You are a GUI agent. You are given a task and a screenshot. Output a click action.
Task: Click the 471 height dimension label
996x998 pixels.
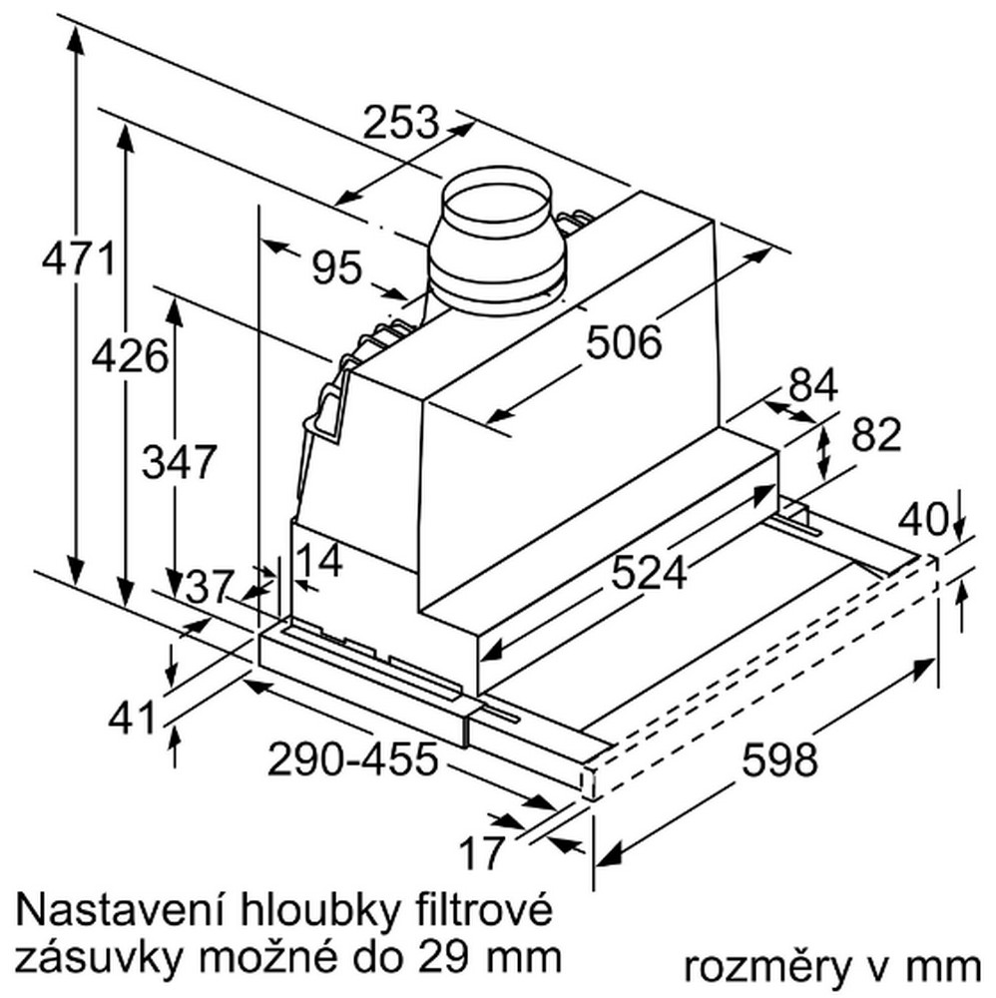[x=78, y=258]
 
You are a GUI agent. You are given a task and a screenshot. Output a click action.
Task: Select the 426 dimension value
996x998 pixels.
[x=130, y=356]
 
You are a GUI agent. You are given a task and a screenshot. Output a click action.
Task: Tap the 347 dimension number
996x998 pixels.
[x=180, y=461]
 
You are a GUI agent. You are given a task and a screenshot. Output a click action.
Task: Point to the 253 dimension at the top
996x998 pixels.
[x=401, y=122]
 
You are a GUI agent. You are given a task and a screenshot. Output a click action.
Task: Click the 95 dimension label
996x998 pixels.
[x=336, y=267]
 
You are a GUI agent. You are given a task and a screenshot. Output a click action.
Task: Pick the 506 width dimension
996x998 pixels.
[x=624, y=341]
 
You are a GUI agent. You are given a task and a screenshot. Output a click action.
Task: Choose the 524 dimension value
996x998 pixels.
[x=649, y=572]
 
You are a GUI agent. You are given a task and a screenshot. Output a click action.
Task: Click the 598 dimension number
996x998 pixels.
[x=779, y=759]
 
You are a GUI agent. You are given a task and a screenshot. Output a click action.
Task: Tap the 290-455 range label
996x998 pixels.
[x=353, y=758]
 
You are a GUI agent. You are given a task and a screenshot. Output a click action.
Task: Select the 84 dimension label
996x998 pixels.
[x=813, y=385]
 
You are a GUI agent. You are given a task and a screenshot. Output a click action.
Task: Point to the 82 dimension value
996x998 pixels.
[x=876, y=434]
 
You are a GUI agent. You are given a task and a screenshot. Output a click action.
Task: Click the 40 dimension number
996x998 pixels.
[x=923, y=519]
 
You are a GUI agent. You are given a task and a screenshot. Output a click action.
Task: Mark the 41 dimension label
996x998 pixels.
[x=132, y=718]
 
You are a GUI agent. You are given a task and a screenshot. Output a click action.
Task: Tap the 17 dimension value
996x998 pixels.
[x=482, y=853]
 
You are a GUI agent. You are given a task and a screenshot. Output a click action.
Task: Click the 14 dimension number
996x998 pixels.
[x=319, y=561]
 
